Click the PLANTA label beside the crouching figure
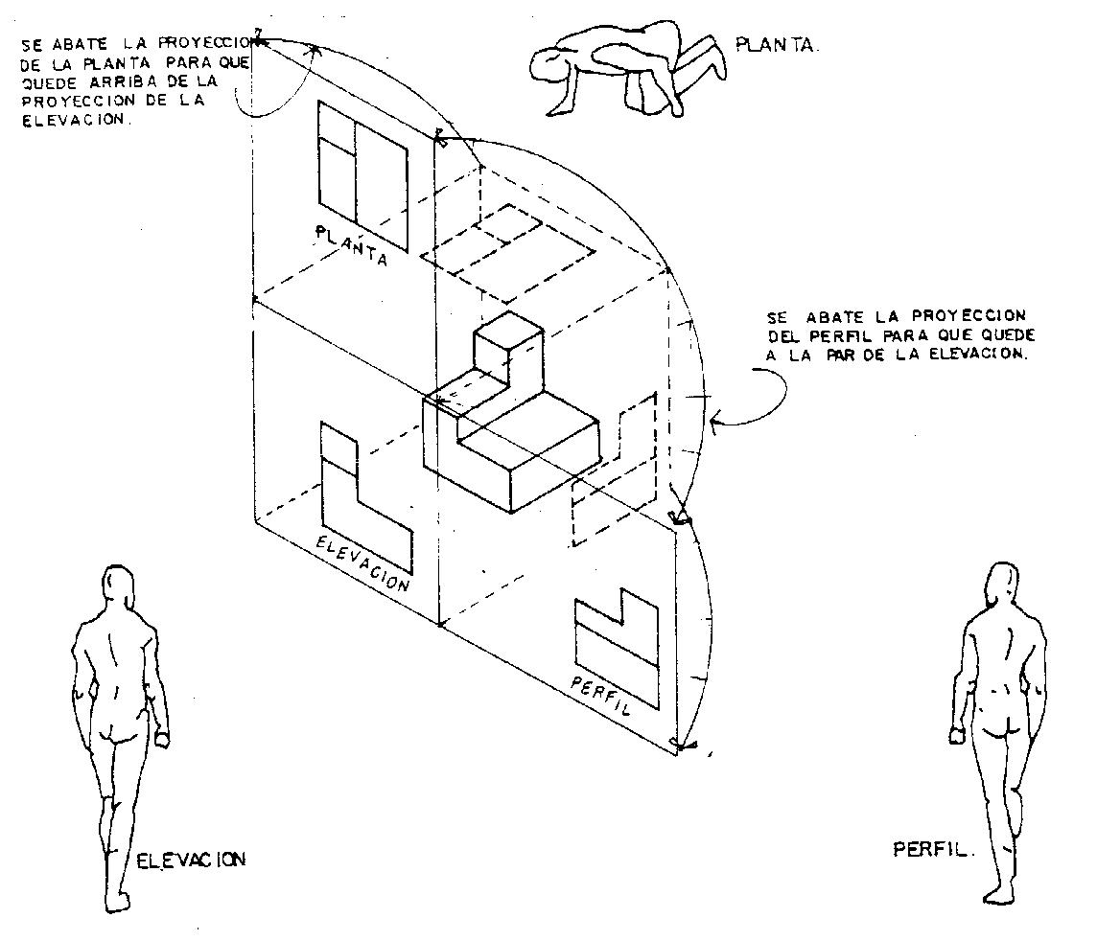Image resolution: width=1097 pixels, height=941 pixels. click(x=778, y=44)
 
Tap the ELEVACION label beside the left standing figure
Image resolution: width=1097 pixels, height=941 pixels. click(x=191, y=859)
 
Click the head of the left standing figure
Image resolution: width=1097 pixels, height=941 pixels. click(x=118, y=583)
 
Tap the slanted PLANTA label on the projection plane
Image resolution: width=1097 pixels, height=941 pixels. click(x=351, y=245)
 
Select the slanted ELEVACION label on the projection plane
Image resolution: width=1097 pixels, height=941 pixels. click(x=362, y=562)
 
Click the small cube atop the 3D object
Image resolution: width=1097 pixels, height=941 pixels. click(x=508, y=347)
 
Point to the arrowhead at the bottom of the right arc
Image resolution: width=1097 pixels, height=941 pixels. click(x=682, y=743)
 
